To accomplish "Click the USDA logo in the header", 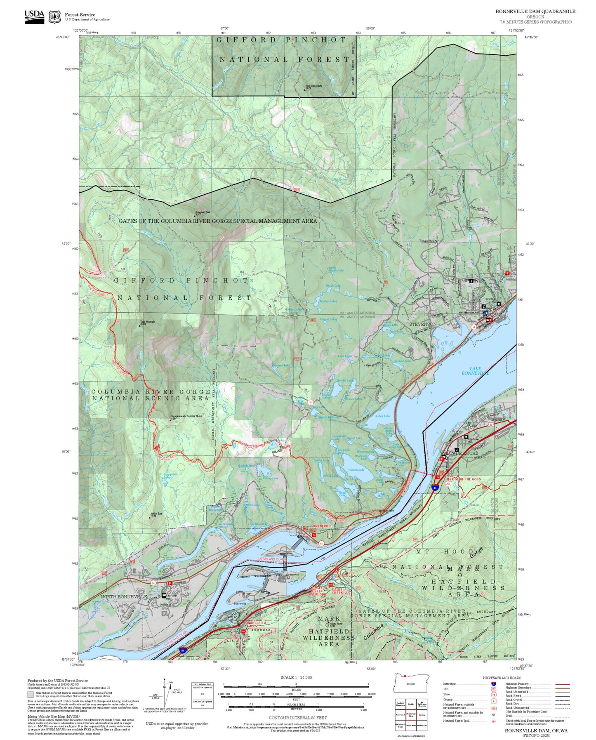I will pyautogui.click(x=34, y=16).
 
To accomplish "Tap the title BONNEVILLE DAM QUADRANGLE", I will pyautogui.click(x=535, y=11).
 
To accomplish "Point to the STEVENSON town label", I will pyautogui.click(x=423, y=324).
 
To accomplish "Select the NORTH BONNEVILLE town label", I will pyautogui.click(x=124, y=596).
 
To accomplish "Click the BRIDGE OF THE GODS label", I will pyautogui.click(x=464, y=479).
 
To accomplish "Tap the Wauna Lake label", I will pyautogui.click(x=356, y=469).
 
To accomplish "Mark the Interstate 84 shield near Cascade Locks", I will pyautogui.click(x=436, y=488).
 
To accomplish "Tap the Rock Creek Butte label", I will pyautogui.click(x=313, y=87).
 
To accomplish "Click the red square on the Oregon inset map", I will pyautogui.click(x=405, y=687).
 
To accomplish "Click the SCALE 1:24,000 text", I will pyautogui.click(x=296, y=677).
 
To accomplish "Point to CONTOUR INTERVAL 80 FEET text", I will pyautogui.click(x=297, y=718).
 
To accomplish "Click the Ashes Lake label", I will pyautogui.click(x=382, y=416).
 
